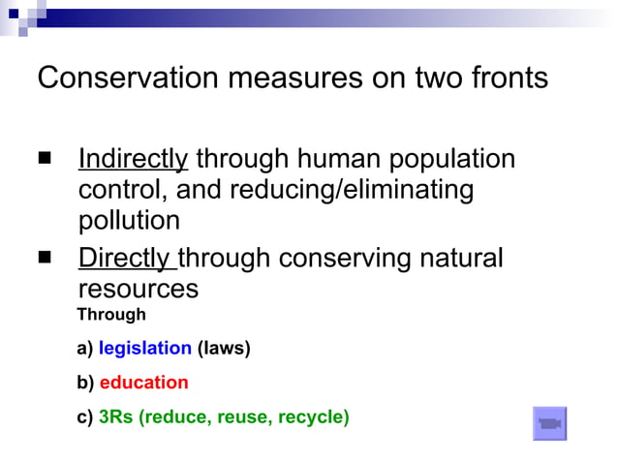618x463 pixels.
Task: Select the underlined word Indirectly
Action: tap(133, 158)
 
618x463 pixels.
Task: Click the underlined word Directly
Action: tap(126, 259)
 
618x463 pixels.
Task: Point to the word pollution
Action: tap(129, 221)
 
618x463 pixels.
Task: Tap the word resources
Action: tap(138, 290)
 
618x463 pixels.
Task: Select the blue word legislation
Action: tap(144, 348)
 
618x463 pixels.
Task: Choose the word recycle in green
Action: tap(312, 417)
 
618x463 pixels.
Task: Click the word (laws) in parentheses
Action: tap(224, 348)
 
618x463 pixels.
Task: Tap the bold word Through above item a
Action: tap(111, 315)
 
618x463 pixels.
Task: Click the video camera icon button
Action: tap(549, 423)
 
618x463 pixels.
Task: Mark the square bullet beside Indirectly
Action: tap(45, 157)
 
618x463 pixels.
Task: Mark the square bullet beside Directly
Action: tap(45, 258)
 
